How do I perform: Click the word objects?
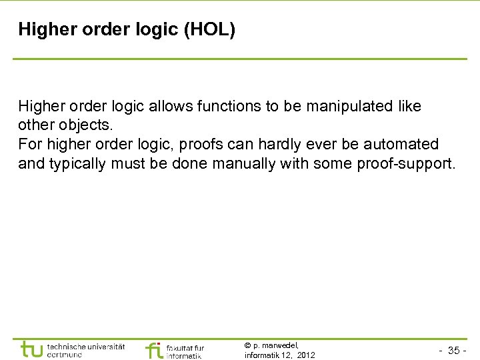tap(76, 125)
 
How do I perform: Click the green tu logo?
tap(32, 349)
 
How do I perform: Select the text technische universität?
tap(86, 346)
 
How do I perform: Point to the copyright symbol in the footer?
tap(247, 345)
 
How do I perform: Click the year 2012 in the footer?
tap(306, 355)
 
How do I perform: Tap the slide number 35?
tap(454, 351)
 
